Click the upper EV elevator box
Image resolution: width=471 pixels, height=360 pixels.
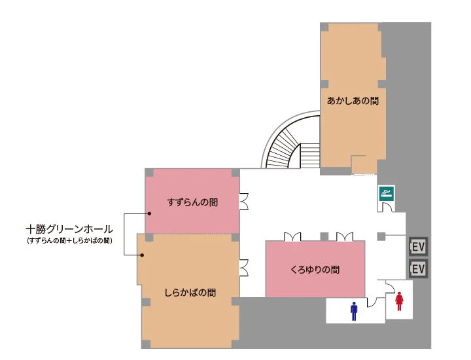coord(418,247)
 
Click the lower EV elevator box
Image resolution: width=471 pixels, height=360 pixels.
coord(418,268)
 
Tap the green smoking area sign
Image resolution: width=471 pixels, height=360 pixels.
coord(387,193)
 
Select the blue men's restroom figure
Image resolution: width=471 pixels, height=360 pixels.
coord(354,311)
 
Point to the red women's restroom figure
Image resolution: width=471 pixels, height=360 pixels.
coord(399,301)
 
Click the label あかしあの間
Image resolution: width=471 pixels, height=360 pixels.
coord(353,101)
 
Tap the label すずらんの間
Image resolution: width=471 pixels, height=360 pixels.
coord(192,202)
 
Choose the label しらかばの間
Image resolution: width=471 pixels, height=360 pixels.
coord(190,293)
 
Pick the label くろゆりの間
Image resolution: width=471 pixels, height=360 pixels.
coord(315,270)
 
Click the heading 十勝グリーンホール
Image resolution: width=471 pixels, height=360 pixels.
coord(69,230)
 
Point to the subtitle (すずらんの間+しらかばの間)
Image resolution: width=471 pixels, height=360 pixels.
coord(69,241)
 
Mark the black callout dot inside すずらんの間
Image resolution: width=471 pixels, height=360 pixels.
coord(149,213)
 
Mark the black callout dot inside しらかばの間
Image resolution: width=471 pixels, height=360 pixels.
coord(142,255)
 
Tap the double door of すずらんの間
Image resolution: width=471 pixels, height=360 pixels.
coord(243,201)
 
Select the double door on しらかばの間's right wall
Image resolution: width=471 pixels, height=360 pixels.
coord(243,268)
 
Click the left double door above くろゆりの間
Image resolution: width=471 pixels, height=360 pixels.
coord(292,236)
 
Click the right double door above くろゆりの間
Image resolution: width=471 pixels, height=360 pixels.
coord(345,236)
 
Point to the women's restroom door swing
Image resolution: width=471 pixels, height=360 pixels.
coord(390,287)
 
